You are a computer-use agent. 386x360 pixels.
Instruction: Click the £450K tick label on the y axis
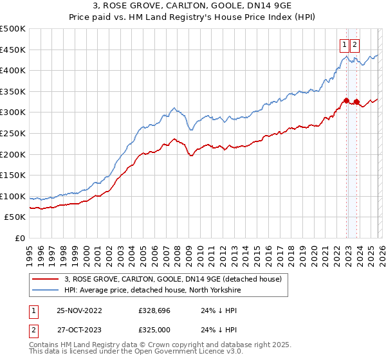(13, 50)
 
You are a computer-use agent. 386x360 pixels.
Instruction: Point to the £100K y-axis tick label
(13, 196)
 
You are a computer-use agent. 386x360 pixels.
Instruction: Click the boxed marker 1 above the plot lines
(344, 44)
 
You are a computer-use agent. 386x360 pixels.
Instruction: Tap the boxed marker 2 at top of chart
(355, 44)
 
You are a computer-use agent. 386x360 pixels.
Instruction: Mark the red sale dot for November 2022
(346, 100)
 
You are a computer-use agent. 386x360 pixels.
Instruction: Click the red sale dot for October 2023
(356, 102)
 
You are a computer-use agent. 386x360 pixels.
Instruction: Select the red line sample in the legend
(45, 279)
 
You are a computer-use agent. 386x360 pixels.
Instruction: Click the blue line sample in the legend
(45, 290)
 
